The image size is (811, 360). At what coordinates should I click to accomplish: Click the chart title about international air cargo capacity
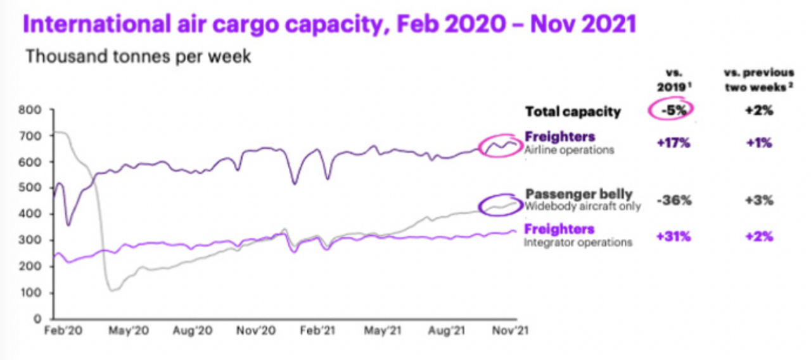tap(329, 25)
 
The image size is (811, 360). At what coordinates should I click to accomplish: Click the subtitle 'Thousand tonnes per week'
tap(138, 56)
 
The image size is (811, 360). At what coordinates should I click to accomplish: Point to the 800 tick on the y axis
tap(32, 110)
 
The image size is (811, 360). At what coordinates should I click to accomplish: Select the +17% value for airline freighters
tap(672, 143)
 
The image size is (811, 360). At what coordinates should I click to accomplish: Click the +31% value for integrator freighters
tap(672, 236)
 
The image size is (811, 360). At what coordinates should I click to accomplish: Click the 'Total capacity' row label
tap(573, 112)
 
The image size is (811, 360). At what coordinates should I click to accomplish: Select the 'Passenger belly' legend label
tap(578, 194)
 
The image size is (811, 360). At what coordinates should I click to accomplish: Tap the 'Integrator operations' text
tap(578, 242)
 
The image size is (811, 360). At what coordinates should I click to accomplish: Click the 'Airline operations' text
tap(570, 150)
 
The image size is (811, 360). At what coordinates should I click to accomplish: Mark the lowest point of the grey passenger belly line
tap(112, 290)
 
